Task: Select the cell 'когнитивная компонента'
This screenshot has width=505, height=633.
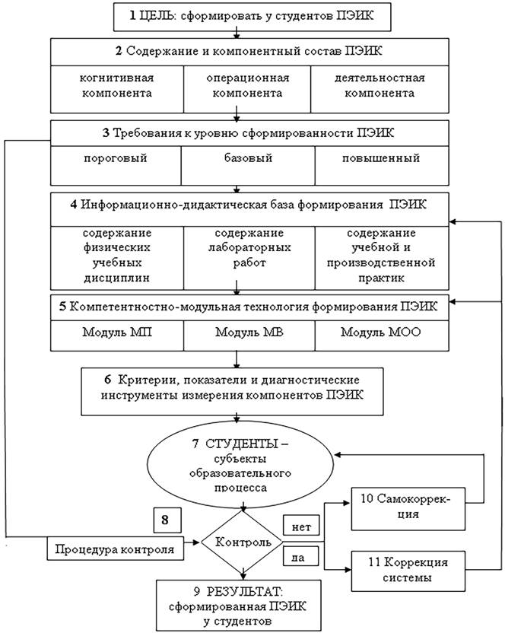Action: pos(117,85)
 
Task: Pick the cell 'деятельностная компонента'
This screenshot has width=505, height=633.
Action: pos(379,85)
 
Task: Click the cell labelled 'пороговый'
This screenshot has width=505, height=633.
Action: pos(115,160)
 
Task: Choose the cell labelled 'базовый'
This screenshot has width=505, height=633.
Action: pos(248,160)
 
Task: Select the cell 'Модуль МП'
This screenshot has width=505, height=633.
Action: pos(117,333)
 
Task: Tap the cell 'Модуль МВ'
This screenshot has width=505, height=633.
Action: pos(249,333)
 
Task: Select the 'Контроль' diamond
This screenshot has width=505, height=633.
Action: pos(243,543)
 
